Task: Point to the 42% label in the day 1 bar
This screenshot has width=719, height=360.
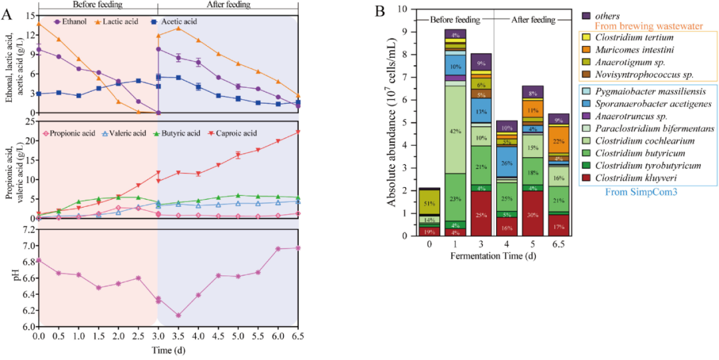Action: pyautogui.click(x=455, y=131)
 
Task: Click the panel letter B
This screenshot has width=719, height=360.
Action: pyautogui.click(x=380, y=11)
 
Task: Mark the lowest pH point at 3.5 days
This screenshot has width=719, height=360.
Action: pyautogui.click(x=178, y=315)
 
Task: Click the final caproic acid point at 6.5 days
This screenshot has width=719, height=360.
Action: pyautogui.click(x=298, y=131)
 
